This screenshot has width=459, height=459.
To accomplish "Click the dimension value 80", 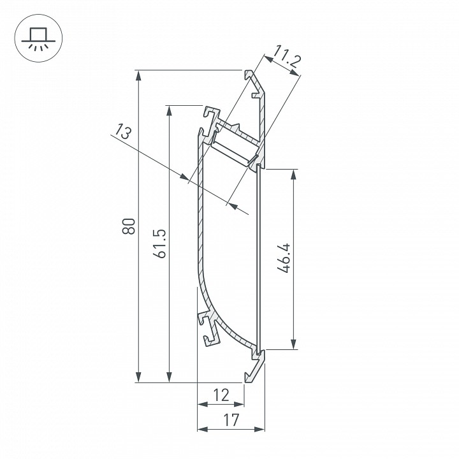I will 129,226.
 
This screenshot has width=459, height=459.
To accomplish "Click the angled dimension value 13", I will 122,133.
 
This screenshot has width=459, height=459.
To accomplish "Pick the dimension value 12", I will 221,395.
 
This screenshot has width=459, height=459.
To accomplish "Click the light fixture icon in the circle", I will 36,36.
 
